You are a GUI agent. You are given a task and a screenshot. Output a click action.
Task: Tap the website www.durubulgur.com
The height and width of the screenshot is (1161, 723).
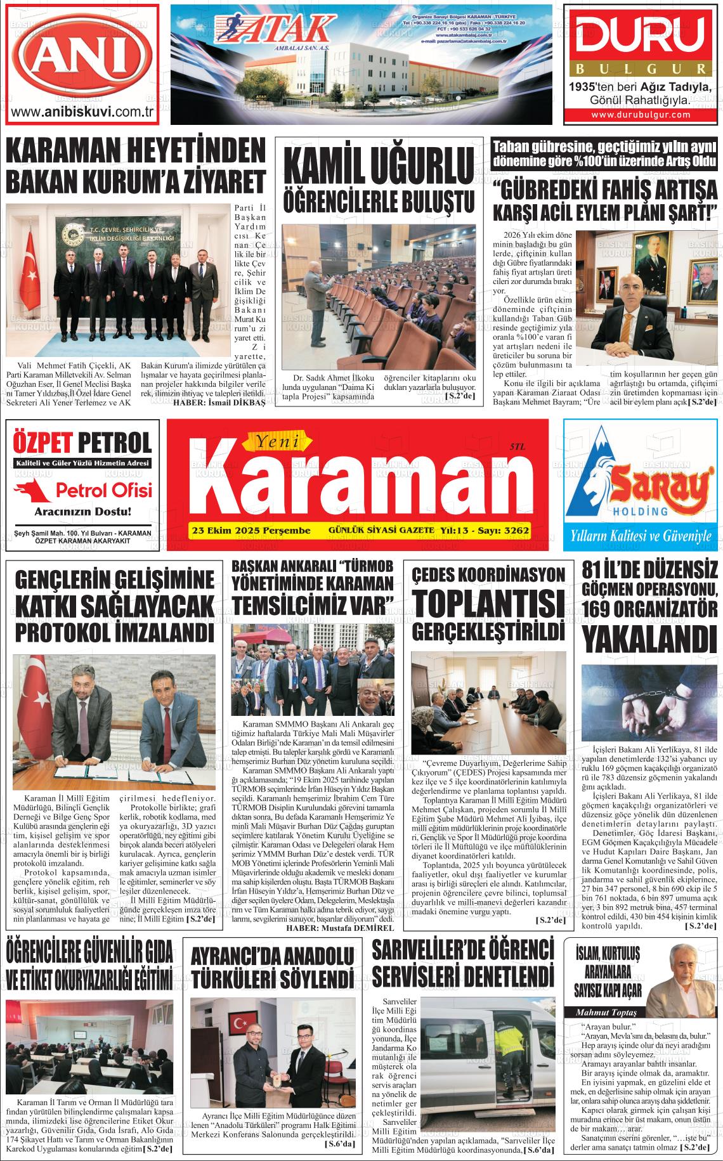tap(640, 115)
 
